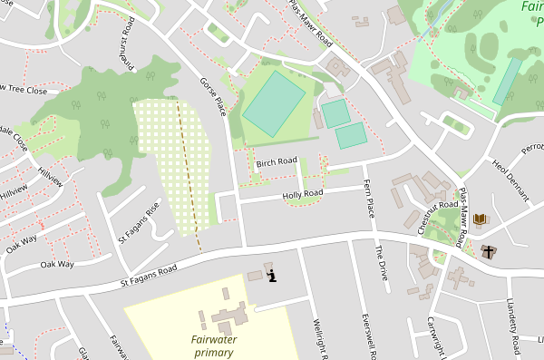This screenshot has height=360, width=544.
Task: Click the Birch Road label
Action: pyautogui.click(x=277, y=162)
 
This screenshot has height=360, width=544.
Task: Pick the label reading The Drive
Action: pyautogui.click(x=382, y=263)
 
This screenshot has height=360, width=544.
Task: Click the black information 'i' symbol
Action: pyautogui.click(x=272, y=276)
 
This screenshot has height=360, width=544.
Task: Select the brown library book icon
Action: pyautogui.click(x=480, y=219)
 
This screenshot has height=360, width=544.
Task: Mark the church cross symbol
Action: pyautogui.click(x=490, y=251)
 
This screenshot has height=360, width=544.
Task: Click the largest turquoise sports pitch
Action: pyautogui.click(x=274, y=104)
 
